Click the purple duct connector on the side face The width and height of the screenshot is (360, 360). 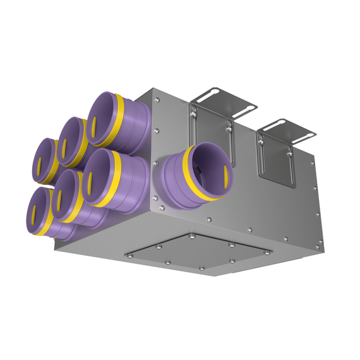(x=193, y=174)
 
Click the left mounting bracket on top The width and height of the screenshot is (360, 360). (x=218, y=101)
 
